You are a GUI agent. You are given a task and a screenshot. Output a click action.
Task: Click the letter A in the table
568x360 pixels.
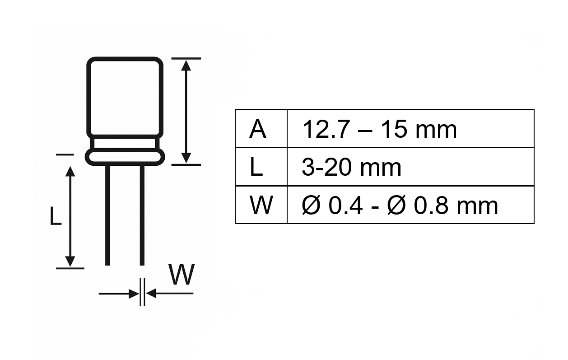(258, 129)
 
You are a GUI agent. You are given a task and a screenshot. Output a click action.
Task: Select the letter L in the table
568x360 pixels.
(256, 168)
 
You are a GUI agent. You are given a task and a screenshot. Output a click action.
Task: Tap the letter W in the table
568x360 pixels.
(261, 206)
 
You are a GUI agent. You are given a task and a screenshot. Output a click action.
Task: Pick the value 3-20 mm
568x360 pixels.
(351, 168)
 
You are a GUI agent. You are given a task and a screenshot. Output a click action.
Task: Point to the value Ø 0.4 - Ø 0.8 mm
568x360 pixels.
(400, 206)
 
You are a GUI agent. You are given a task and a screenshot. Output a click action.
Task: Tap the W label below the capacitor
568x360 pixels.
(181, 275)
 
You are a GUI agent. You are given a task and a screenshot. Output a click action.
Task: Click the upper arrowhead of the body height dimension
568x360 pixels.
(186, 65)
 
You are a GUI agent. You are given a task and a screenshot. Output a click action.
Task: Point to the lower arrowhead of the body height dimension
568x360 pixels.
(186, 158)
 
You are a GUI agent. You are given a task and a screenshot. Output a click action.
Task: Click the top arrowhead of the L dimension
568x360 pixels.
(70, 172)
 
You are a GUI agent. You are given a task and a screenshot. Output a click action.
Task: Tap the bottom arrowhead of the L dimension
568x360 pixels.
(70, 261)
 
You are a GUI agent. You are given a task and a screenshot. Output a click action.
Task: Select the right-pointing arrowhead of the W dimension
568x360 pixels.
(134, 294)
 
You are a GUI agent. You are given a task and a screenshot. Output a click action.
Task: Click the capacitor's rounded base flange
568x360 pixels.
(125, 157)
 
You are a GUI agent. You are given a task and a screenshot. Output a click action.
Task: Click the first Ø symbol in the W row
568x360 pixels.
(311, 206)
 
